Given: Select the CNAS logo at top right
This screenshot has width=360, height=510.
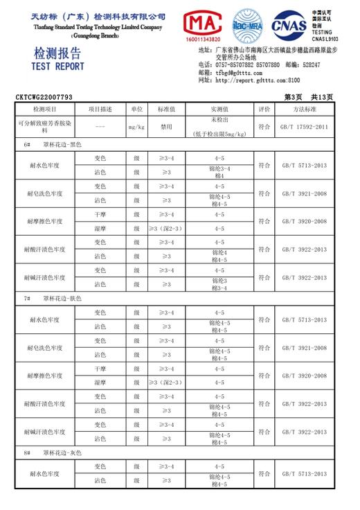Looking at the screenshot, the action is click(289, 26).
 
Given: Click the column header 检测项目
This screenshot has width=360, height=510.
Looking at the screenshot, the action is click(45, 109).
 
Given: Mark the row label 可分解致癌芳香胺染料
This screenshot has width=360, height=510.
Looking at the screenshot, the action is click(45, 125).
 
